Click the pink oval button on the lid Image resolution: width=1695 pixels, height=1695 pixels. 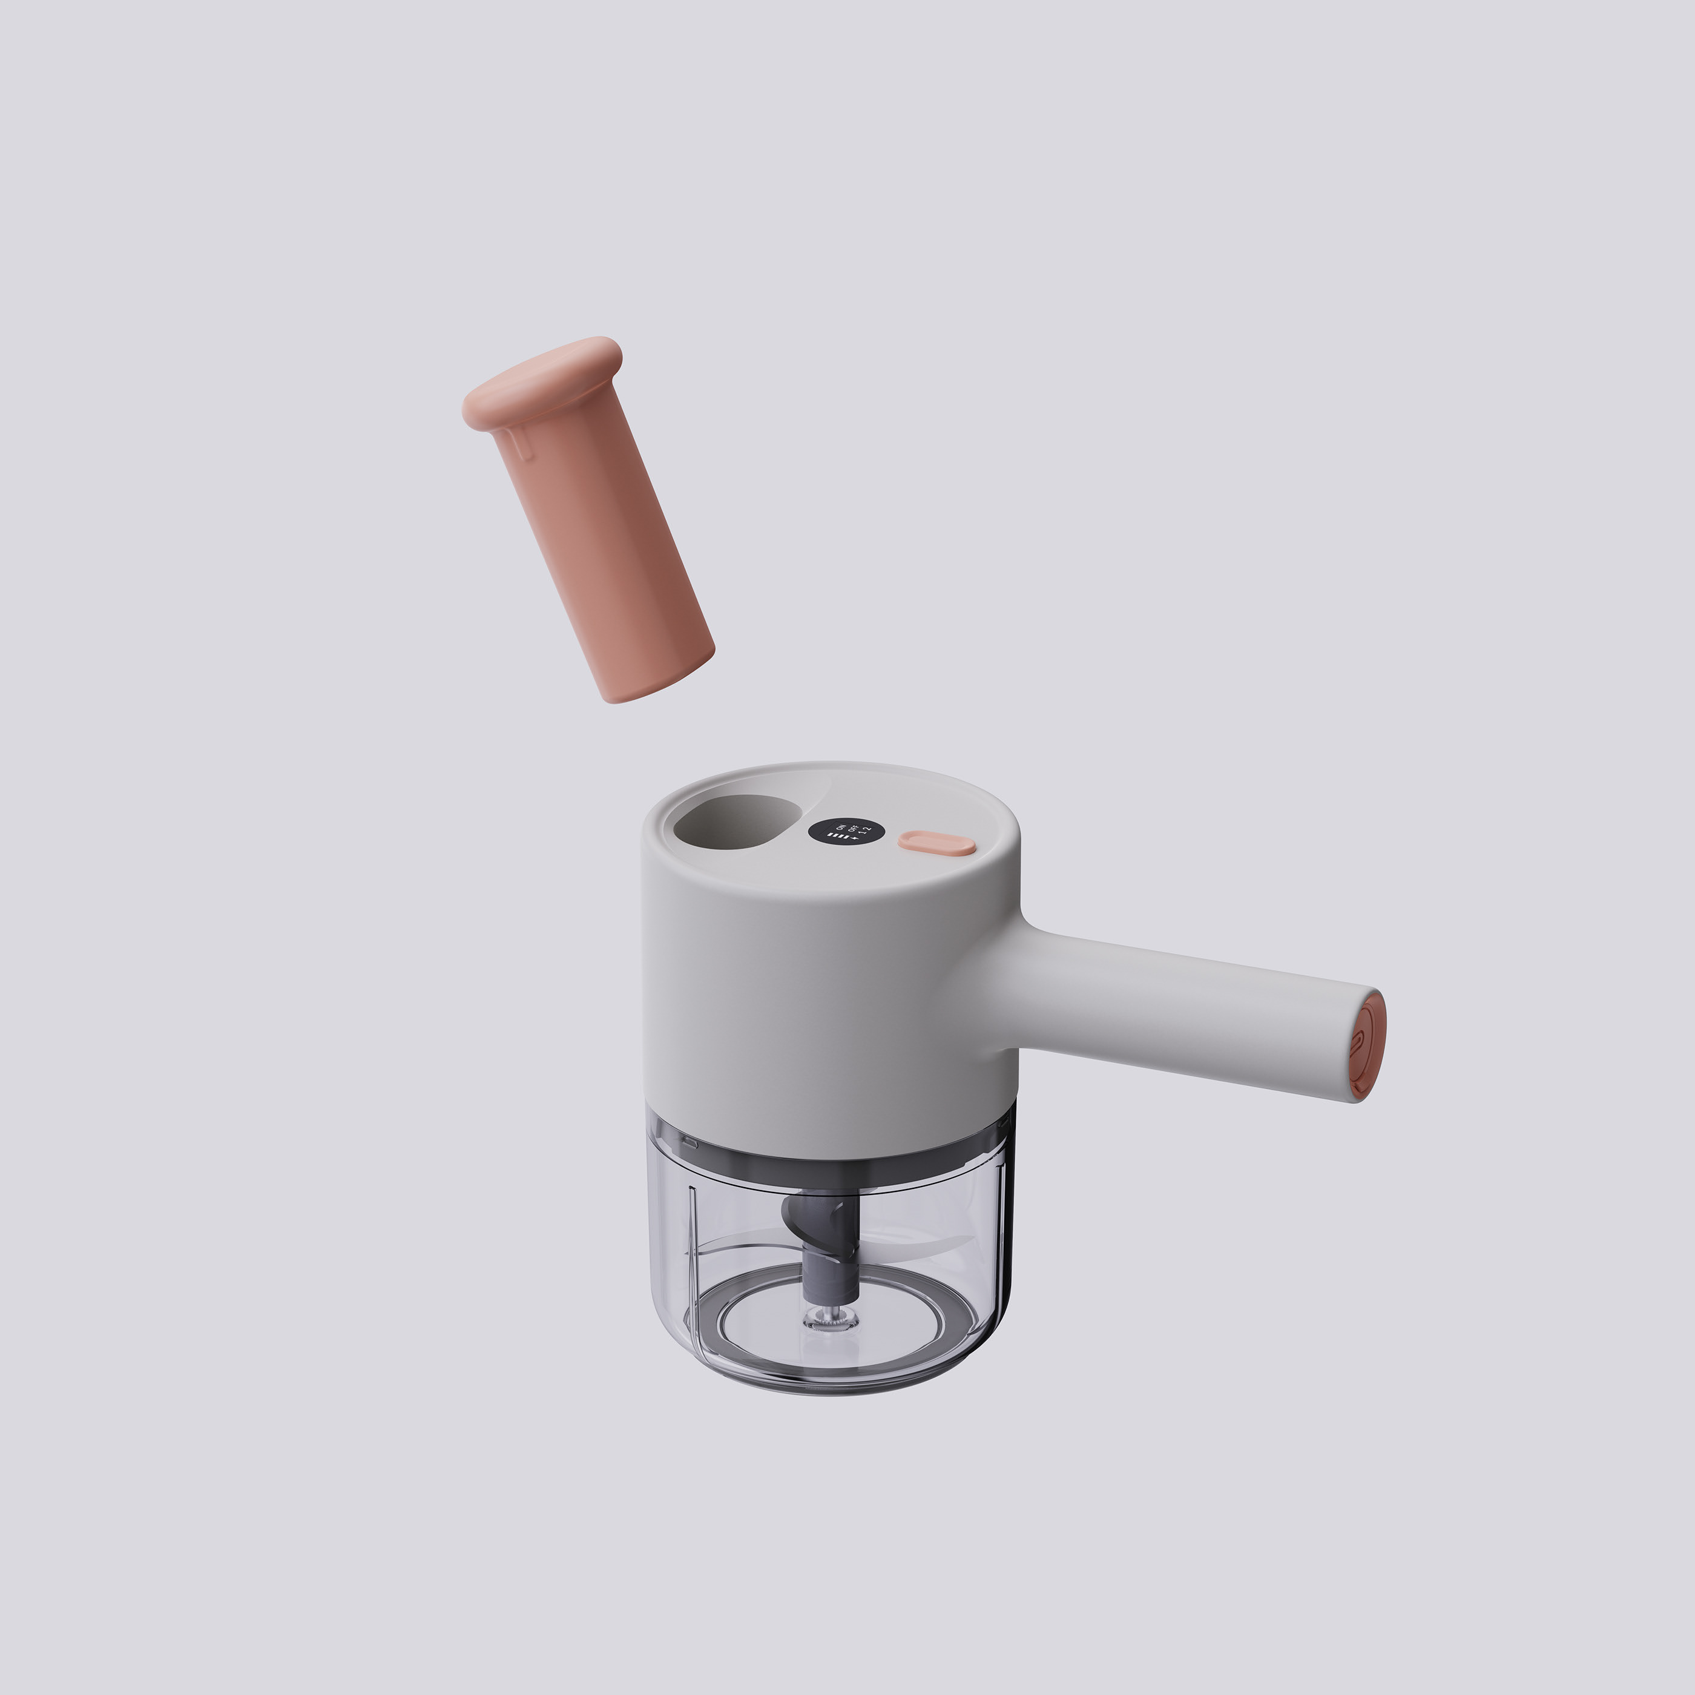(936, 844)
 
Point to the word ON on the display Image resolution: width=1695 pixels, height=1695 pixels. (840, 828)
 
